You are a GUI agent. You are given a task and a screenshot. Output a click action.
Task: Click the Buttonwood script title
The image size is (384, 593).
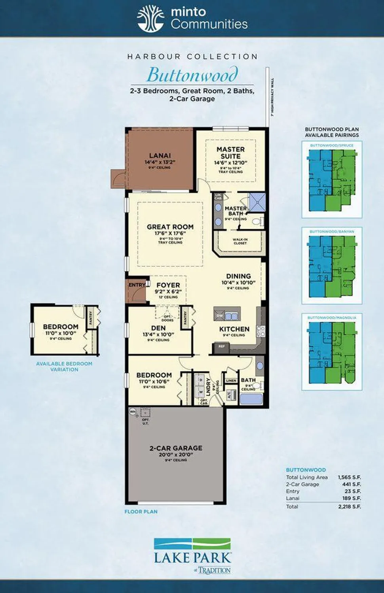click(192, 74)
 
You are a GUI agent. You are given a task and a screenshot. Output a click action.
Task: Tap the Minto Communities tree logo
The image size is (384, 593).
click(150, 19)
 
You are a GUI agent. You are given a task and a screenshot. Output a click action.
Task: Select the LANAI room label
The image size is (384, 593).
click(160, 155)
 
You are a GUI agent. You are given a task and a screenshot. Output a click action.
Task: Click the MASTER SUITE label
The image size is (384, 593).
click(230, 153)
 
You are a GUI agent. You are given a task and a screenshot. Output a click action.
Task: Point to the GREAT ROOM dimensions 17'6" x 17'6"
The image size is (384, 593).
click(170, 234)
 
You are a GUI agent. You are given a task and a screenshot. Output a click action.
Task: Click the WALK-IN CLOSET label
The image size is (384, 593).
click(240, 241)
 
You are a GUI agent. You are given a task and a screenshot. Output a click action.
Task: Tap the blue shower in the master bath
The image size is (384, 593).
click(257, 202)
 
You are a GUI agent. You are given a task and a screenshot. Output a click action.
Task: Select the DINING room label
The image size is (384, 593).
click(238, 276)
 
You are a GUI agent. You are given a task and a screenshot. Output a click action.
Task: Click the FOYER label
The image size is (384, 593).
click(168, 285)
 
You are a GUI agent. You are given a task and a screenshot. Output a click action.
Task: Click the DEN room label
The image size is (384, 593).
click(158, 328)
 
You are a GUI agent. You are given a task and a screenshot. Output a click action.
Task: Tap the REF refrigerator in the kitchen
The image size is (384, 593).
click(222, 347)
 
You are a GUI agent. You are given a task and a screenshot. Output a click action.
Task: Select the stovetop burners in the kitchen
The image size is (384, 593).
click(260, 330)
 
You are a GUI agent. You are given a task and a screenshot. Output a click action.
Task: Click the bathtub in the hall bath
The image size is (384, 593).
click(251, 398)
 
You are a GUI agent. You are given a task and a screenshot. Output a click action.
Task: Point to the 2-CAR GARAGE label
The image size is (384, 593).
click(176, 448)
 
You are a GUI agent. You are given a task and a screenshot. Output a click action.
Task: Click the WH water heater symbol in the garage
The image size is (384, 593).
click(133, 412)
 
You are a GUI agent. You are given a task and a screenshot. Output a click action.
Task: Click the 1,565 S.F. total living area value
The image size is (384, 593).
click(349, 477)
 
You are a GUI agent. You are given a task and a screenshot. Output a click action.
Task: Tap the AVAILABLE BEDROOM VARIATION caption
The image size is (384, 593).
click(64, 366)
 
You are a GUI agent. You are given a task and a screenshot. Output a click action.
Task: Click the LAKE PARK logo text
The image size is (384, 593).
click(192, 558)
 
